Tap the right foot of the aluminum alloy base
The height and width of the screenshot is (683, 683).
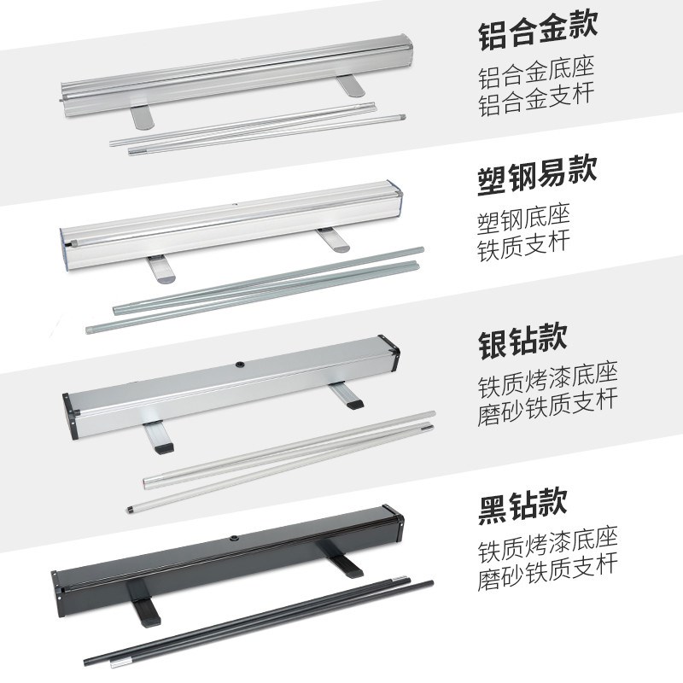coord(350,85)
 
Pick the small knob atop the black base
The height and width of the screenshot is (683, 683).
coord(233,540)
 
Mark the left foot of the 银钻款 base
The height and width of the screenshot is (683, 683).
coord(159,439)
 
